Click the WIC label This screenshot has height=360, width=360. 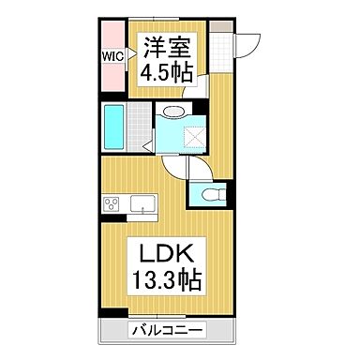pos(112,54)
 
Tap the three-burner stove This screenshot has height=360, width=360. pos(110,205)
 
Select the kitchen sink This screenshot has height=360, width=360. pos(143,204)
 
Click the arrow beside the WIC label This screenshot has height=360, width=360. pos(127,54)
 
